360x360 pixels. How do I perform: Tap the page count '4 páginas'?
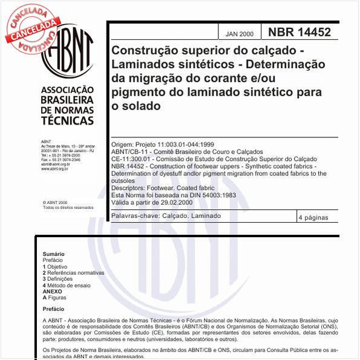[313, 216]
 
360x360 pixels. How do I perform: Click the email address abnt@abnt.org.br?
[56, 164]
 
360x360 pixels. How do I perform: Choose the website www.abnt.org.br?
[54, 169]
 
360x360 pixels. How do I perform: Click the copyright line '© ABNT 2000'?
[55, 203]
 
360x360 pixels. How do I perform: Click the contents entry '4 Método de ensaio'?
[67, 285]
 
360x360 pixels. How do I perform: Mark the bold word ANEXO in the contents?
[52, 291]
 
